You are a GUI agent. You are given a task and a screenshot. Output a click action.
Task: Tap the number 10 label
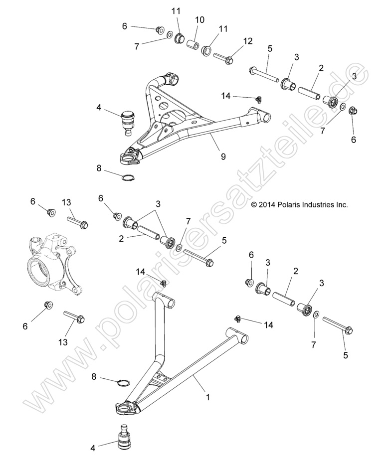point(199,19)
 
